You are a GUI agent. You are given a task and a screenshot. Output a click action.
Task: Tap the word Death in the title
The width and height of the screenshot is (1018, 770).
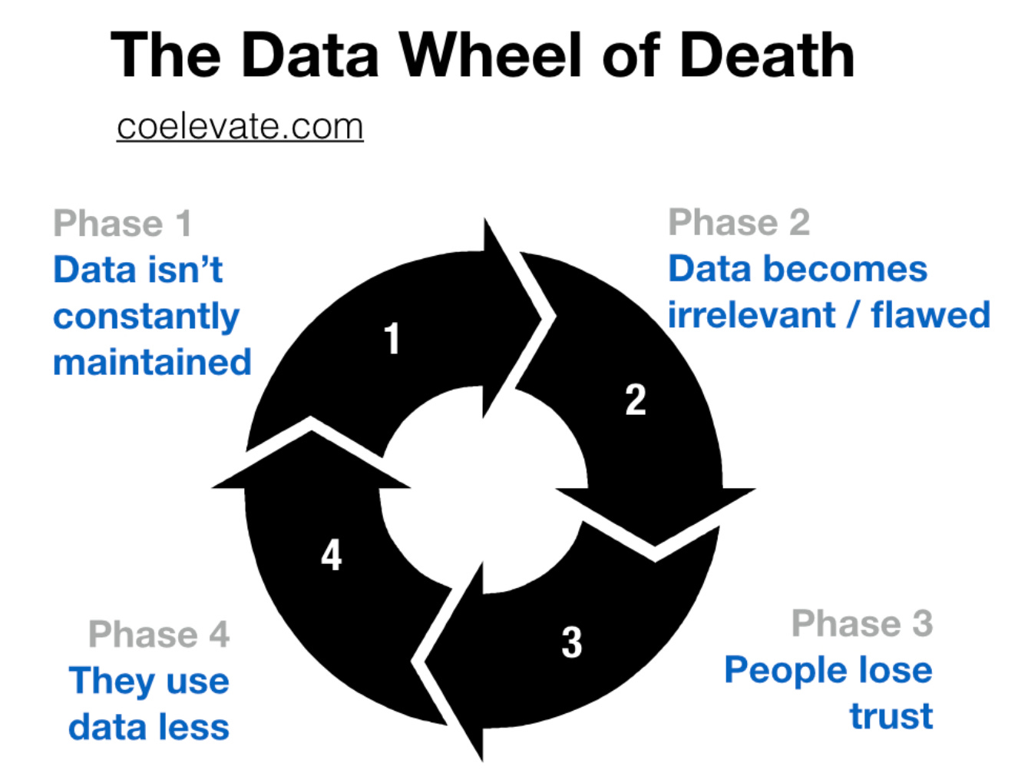pyautogui.click(x=767, y=55)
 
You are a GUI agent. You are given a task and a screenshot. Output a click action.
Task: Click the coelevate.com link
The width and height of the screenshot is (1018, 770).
pyautogui.click(x=240, y=127)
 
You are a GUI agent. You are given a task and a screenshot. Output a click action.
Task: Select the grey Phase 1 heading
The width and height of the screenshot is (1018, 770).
pyautogui.click(x=122, y=224)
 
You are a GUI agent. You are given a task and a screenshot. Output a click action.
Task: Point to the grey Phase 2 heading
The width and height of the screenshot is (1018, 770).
pyautogui.click(x=739, y=223)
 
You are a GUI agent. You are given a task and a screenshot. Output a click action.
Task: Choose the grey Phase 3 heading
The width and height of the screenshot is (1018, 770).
pyautogui.click(x=861, y=623)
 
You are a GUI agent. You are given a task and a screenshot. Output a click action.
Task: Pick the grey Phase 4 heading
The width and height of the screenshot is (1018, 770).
pyautogui.click(x=159, y=635)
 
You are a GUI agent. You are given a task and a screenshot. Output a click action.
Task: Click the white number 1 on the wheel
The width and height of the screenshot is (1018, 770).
pyautogui.click(x=392, y=339)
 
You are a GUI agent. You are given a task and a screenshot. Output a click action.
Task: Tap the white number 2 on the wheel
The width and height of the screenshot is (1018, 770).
pyautogui.click(x=635, y=400)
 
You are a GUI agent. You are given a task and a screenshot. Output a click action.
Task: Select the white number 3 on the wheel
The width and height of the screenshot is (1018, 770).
pyautogui.click(x=571, y=642)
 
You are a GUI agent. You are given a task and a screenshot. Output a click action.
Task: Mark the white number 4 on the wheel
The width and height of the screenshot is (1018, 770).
pyautogui.click(x=331, y=555)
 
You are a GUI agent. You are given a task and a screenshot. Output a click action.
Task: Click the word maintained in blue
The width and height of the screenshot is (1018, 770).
pyautogui.click(x=152, y=362)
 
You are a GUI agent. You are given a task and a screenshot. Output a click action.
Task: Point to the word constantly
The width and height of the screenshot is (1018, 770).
pyautogui.click(x=146, y=317)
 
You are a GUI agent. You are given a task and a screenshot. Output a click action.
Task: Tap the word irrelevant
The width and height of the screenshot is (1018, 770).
pyautogui.click(x=751, y=315)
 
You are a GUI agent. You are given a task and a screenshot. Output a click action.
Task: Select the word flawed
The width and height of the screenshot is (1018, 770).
pyautogui.click(x=930, y=315)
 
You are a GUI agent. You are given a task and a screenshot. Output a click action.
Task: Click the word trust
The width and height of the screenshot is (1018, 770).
pyautogui.click(x=891, y=716)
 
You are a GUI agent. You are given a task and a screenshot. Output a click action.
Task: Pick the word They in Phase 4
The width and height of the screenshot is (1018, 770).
pyautogui.click(x=111, y=682)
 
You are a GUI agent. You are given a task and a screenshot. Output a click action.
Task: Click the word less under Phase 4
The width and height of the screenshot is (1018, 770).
pyautogui.click(x=199, y=727)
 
